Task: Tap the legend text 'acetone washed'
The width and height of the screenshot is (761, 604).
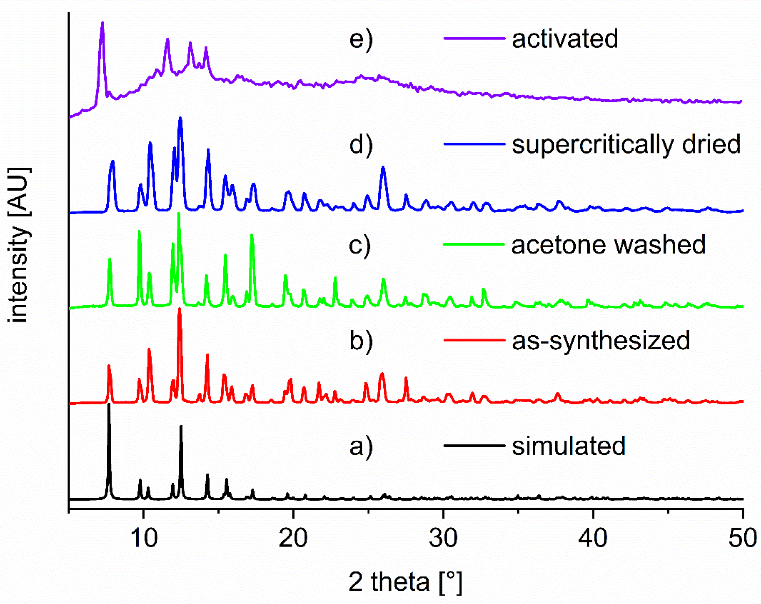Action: coord(608,245)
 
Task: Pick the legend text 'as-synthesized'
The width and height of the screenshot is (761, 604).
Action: coord(601,340)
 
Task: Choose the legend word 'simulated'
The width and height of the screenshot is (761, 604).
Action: coord(569,446)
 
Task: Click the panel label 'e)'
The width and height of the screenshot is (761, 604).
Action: coord(361,39)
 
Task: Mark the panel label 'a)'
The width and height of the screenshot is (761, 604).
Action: coord(361,447)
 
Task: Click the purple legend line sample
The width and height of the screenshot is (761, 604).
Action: coord(474,38)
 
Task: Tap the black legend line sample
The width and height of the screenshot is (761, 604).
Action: coord(474,446)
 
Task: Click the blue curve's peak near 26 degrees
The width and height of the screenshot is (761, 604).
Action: coord(383,167)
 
